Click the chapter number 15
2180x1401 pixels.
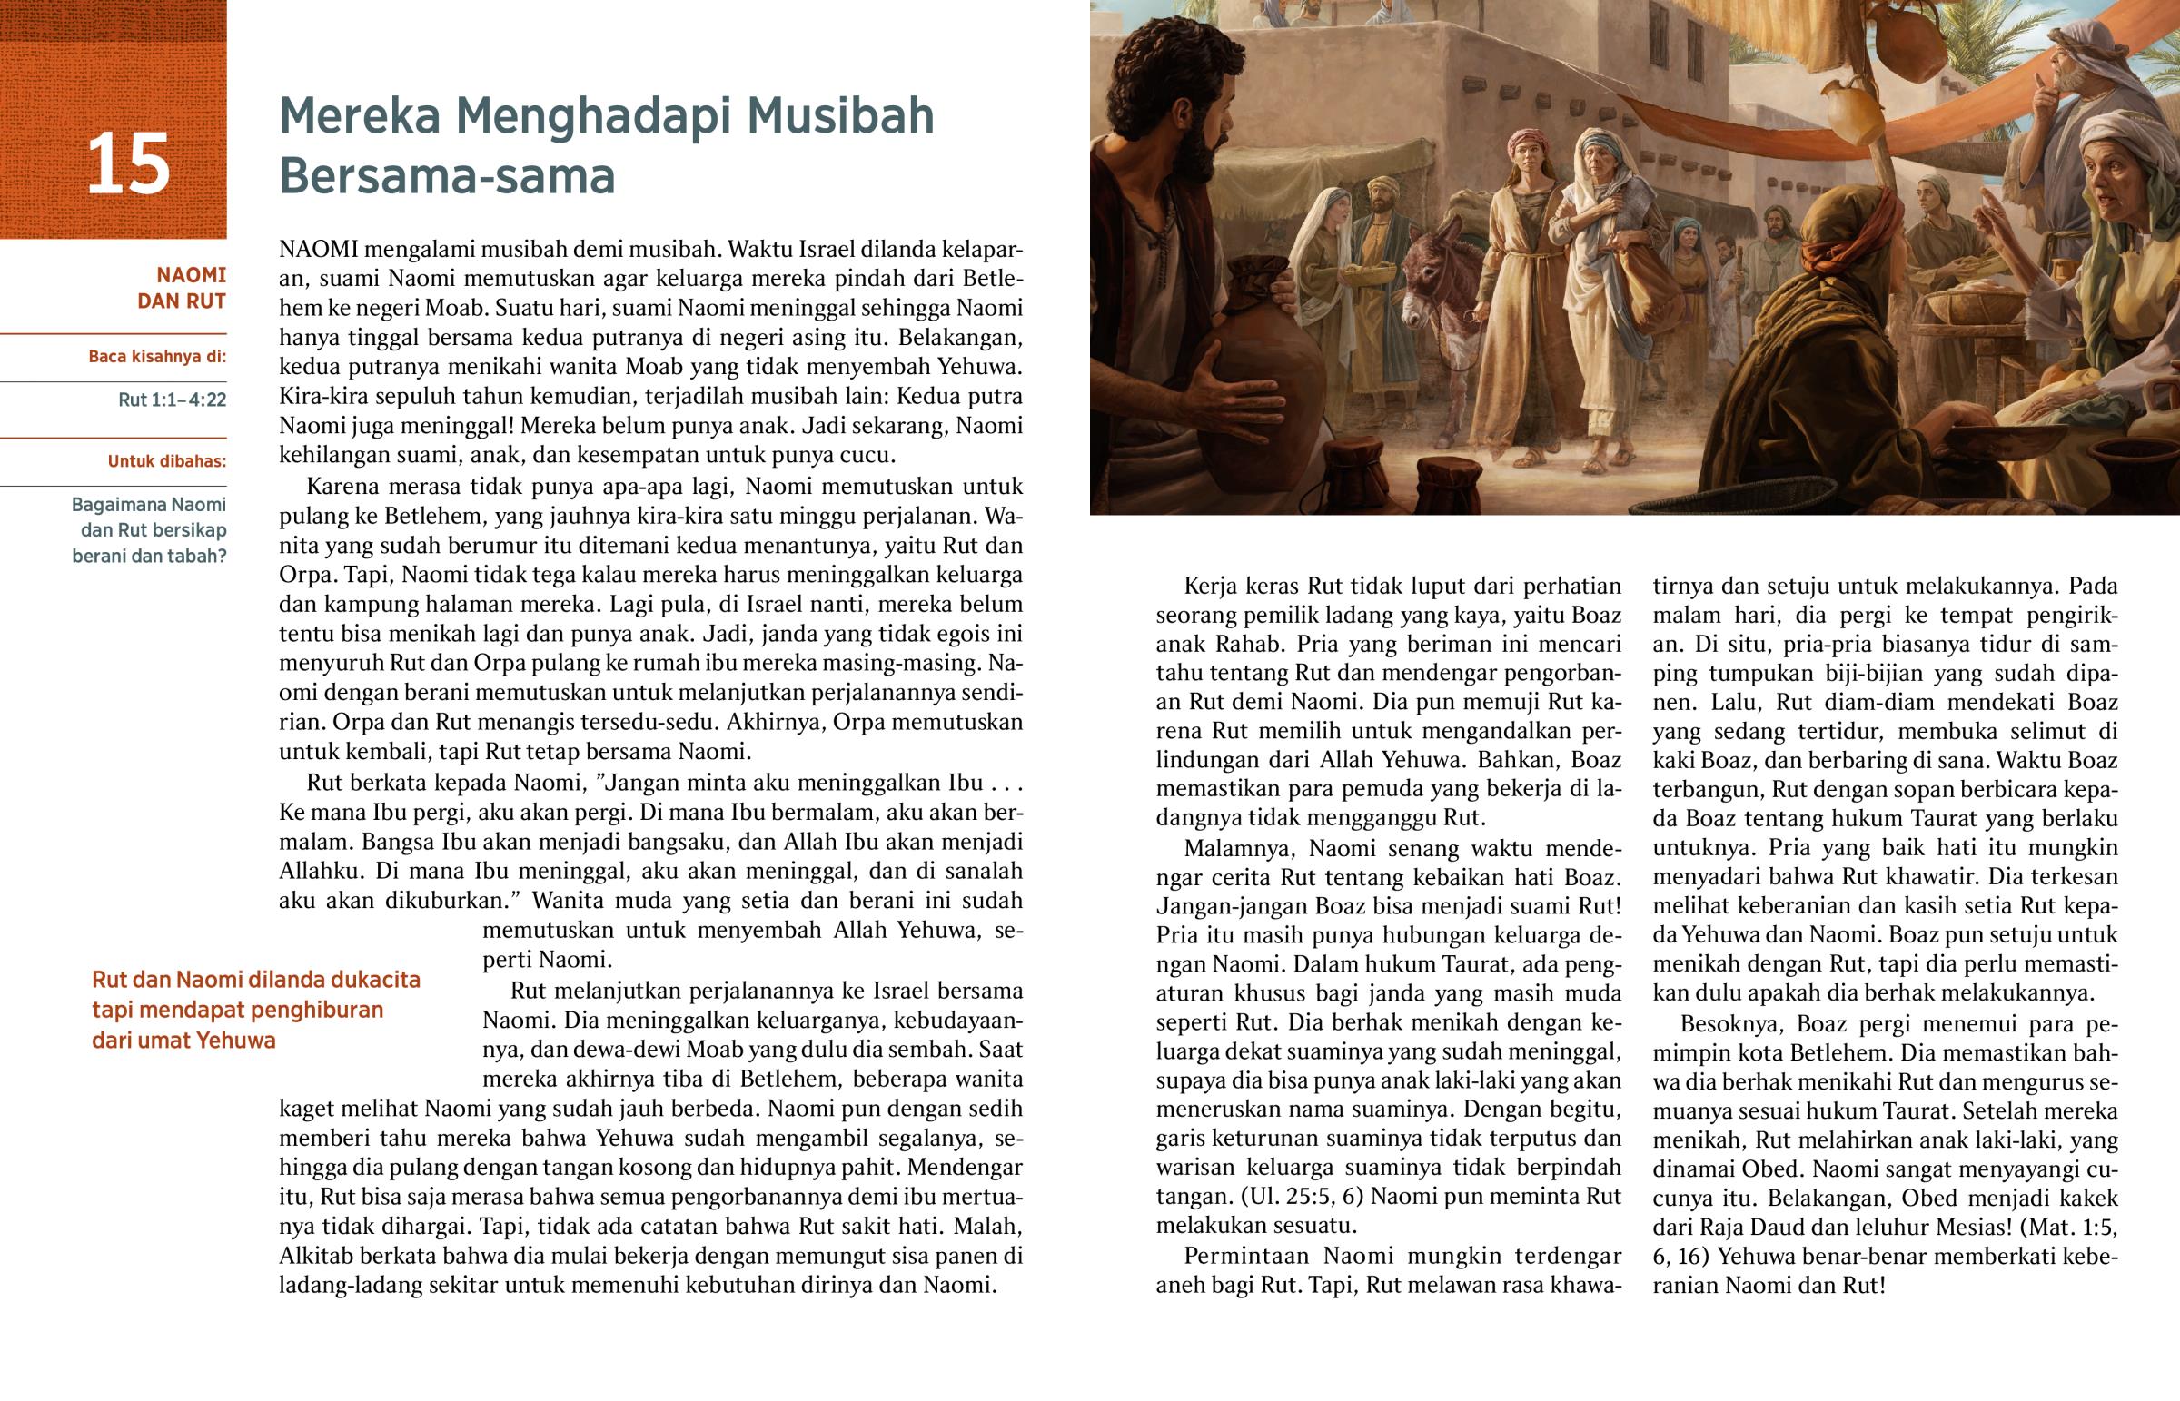pyautogui.click(x=128, y=163)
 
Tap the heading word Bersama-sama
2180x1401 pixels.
pyautogui.click(x=447, y=176)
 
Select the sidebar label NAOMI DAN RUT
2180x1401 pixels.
pyautogui.click(x=182, y=288)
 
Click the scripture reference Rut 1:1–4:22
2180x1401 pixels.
pyautogui.click(x=172, y=400)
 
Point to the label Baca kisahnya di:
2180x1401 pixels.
pyautogui.click(x=157, y=356)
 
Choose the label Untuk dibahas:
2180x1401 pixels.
pyautogui.click(x=166, y=461)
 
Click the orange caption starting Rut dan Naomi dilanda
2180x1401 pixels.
pyautogui.click(x=255, y=1010)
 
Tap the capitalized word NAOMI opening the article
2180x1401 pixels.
pyautogui.click(x=320, y=250)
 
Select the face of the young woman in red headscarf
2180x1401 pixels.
pyautogui.click(x=1525, y=169)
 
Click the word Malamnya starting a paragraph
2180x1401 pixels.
pyautogui.click(x=1238, y=849)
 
